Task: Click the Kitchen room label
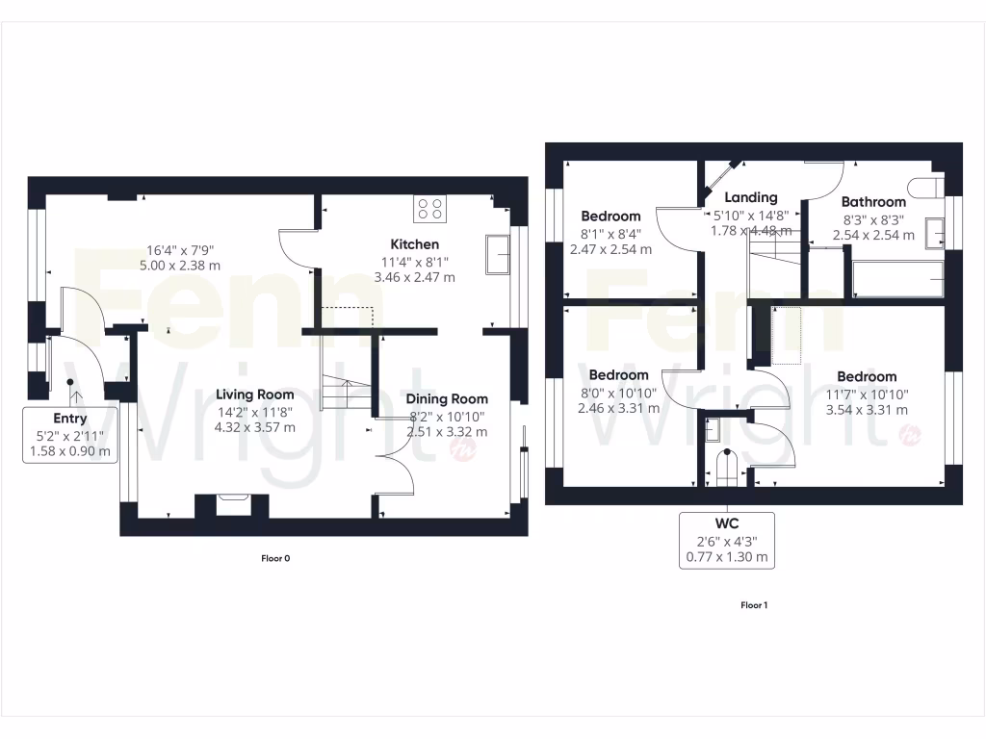(414, 244)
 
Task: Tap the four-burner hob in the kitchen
(429, 209)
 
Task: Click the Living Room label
(254, 395)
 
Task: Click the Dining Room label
(446, 398)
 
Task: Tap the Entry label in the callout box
(69, 419)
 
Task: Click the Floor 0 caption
(275, 558)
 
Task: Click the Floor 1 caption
(754, 605)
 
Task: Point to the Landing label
(750, 197)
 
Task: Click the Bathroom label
(873, 202)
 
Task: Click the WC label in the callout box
(727, 524)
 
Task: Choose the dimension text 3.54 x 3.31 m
(866, 409)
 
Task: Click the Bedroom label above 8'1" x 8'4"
(610, 217)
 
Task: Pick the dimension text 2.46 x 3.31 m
(618, 407)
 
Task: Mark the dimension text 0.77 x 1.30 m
(727, 556)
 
